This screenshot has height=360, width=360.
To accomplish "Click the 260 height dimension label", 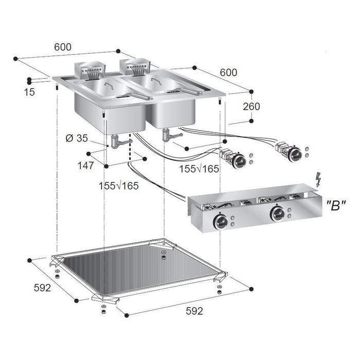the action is pyautogui.click(x=251, y=106).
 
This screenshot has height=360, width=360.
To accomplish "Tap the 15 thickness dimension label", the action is pyautogui.click(x=29, y=92).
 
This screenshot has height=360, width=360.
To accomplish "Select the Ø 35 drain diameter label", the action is pyautogui.click(x=77, y=138).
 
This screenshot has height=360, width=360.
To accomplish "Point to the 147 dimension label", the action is pyautogui.click(x=86, y=166).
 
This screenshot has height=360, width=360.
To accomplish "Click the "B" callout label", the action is pyautogui.click(x=336, y=206).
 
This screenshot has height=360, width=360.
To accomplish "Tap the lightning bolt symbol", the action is pyautogui.click(x=318, y=179).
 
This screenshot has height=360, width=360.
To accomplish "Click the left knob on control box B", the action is pyautogui.click(x=220, y=222).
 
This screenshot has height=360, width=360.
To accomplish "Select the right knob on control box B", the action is pyautogui.click(x=277, y=214).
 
